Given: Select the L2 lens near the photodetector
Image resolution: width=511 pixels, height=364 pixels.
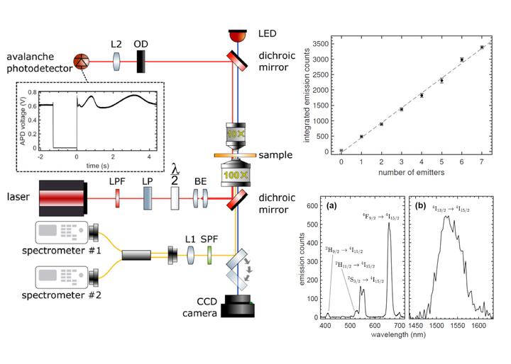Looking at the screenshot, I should [117, 61].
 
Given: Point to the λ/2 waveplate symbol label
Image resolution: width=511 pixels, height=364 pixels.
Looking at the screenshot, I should [175, 173].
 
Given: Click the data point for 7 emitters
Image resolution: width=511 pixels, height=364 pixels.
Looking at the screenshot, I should [482, 47].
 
